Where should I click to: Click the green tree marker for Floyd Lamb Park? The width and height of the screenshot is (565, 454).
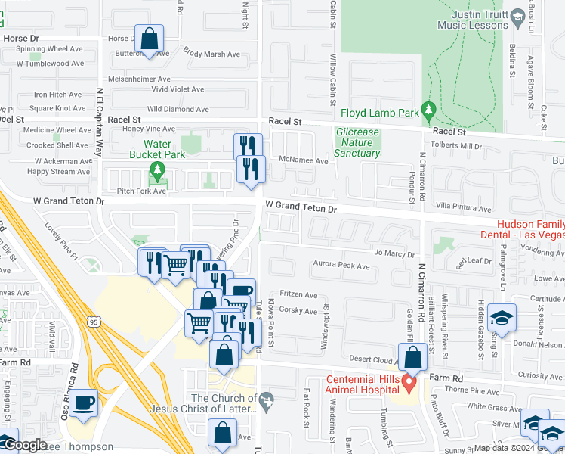coord(428,112)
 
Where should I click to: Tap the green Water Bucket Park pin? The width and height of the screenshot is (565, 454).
coord(158,170)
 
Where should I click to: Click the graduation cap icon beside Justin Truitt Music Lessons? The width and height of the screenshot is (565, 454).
coord(517,17)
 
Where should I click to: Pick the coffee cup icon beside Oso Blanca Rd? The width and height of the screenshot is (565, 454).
coord(84,403)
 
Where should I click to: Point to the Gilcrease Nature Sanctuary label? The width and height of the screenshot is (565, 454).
coord(357,142)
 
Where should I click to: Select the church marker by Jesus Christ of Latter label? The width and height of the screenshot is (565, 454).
coord(264,398)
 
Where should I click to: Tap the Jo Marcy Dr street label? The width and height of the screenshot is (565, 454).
coord(394,254)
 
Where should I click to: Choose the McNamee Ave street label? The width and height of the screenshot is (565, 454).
coord(304,160)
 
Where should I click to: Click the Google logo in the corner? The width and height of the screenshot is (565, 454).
coord(24,446)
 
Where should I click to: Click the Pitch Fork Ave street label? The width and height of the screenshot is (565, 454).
coord(138,191)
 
